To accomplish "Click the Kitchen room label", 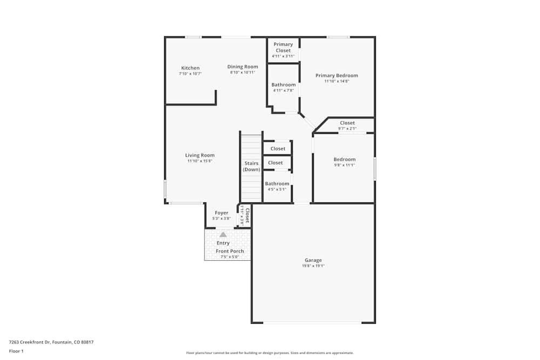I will [x=190, y=68].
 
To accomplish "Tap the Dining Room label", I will [x=242, y=66].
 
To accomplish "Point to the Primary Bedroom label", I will [x=336, y=76].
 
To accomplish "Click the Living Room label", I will [x=200, y=155].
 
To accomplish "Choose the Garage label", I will [x=313, y=260].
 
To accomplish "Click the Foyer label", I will [x=221, y=213].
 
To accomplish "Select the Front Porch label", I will [x=230, y=251].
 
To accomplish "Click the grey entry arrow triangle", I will [x=223, y=234].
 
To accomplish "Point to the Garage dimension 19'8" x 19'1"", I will [x=313, y=266].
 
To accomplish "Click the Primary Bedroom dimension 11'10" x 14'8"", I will [x=336, y=81].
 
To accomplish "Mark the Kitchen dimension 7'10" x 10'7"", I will [x=190, y=73].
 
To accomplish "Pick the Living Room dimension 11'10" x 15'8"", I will [x=200, y=161].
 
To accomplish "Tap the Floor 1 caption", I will [x=16, y=351].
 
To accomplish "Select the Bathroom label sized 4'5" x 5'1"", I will [x=277, y=184].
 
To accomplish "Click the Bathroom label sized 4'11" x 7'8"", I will [x=283, y=85].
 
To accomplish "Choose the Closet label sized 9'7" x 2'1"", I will [x=347, y=123].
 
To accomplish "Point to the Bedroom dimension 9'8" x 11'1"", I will [x=344, y=165].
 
